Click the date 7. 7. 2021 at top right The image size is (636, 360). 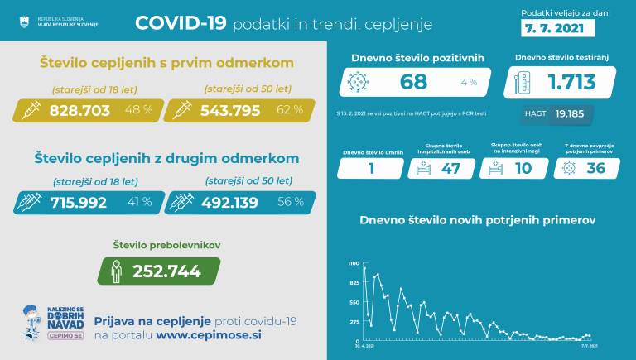click(x=559, y=28)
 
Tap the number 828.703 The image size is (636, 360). click(x=79, y=110)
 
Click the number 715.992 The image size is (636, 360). click(x=79, y=202)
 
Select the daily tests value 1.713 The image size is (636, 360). click(x=574, y=82)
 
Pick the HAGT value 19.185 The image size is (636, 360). click(x=571, y=114)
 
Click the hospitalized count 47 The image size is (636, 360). click(x=451, y=168)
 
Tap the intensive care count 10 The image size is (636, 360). click(x=523, y=168)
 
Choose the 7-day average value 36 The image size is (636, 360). click(x=595, y=168)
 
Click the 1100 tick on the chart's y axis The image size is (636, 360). click(x=354, y=263)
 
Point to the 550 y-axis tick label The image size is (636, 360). click(x=354, y=302)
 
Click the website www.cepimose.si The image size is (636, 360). click(x=209, y=336)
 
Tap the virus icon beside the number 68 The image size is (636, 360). click(x=359, y=82)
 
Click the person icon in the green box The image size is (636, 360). click(x=116, y=271)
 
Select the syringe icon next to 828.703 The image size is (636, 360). click(x=30, y=110)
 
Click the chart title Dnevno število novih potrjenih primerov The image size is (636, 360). click(x=477, y=220)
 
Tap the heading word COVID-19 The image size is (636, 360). click(x=181, y=23)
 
